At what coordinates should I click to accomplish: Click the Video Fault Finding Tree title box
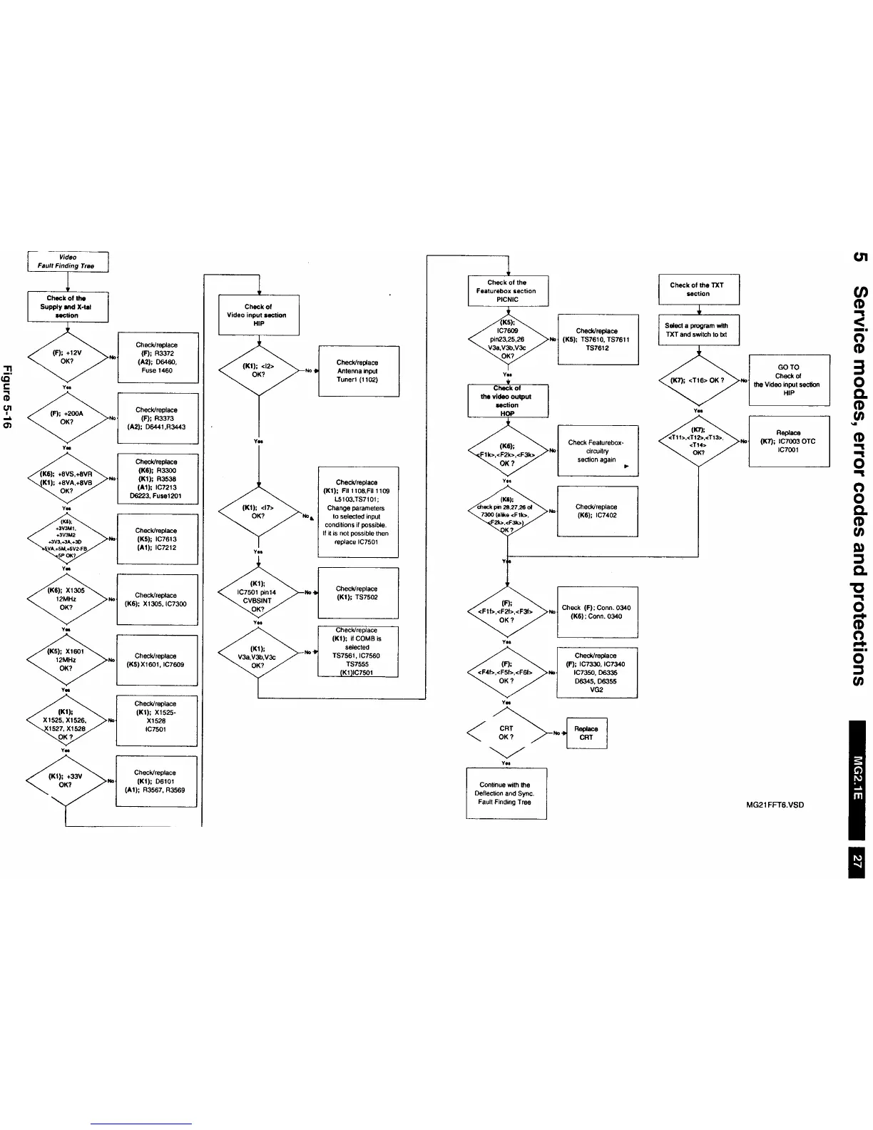[67, 261]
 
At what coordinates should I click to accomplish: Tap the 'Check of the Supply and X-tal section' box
[67, 307]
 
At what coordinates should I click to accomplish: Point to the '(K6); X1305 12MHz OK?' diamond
[66, 599]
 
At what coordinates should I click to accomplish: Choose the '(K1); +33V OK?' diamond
[66, 780]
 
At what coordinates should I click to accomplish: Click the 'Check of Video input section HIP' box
[258, 315]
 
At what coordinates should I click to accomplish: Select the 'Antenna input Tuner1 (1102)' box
[357, 371]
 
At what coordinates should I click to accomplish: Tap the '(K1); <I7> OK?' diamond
[258, 511]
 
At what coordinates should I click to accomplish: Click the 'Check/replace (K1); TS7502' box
[357, 593]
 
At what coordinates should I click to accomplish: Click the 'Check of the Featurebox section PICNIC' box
[507, 291]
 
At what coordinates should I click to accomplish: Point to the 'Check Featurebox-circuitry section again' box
[596, 451]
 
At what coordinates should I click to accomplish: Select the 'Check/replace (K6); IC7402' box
[596, 511]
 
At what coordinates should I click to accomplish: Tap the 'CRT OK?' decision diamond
[506, 733]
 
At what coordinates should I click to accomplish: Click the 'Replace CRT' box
[586, 733]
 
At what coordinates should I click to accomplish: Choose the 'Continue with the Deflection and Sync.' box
[506, 793]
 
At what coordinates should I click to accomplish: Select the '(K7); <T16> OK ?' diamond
[698, 380]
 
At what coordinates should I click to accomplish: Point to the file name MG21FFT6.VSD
[775, 805]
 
